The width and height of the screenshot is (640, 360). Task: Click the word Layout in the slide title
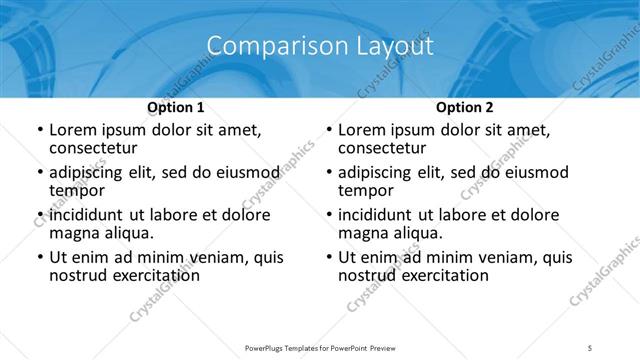(x=397, y=46)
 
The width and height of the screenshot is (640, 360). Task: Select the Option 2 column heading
(x=464, y=107)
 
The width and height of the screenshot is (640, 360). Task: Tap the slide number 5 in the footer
(x=590, y=347)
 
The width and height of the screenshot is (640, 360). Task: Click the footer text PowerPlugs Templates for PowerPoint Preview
(x=319, y=347)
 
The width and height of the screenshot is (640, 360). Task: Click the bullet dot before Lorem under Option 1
(x=39, y=130)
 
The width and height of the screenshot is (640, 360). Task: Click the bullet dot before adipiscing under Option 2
(x=329, y=173)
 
